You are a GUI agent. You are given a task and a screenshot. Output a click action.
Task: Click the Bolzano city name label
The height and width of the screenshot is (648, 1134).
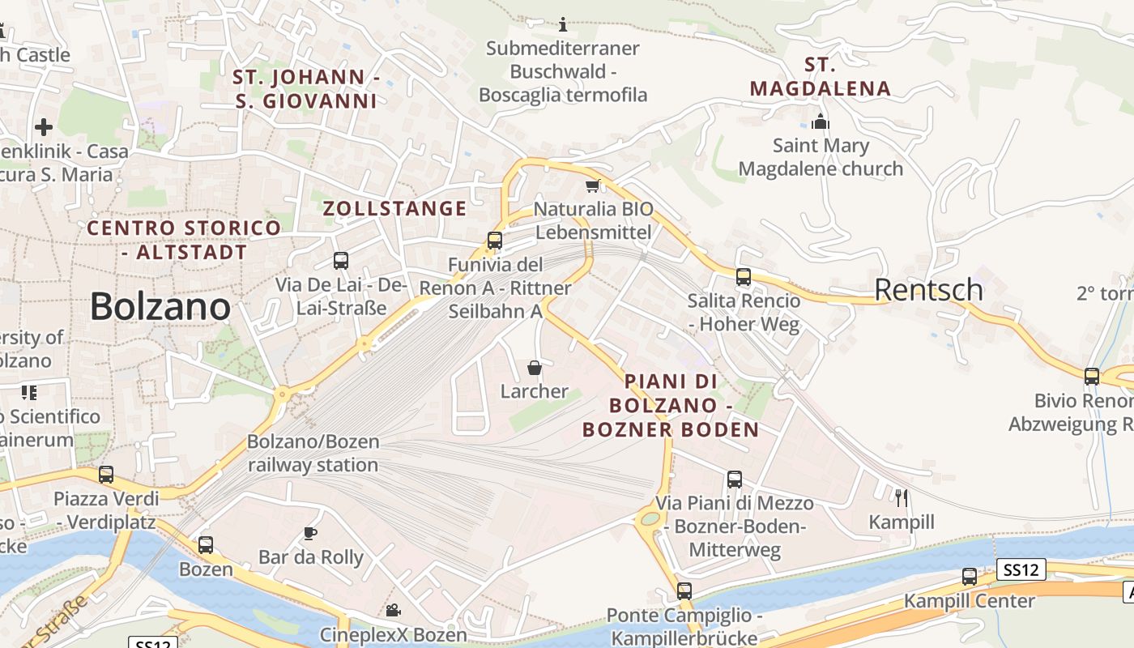click(x=160, y=306)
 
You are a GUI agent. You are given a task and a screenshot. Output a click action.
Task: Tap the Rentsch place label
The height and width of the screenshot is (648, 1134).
click(x=928, y=289)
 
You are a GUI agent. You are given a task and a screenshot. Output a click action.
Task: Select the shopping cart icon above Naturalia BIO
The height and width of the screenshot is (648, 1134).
click(x=592, y=186)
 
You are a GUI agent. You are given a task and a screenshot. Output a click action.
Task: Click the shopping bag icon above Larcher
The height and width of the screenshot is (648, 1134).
click(x=535, y=369)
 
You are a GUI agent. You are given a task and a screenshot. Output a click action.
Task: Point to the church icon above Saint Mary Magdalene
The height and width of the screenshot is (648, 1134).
click(x=821, y=122)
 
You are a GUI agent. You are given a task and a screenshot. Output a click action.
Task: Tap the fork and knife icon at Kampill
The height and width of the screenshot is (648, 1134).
click(x=901, y=497)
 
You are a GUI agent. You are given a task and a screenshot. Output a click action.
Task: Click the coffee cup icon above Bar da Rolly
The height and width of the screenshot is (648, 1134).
click(x=309, y=532)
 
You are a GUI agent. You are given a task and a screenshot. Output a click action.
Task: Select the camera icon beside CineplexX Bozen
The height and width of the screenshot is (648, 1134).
click(x=393, y=610)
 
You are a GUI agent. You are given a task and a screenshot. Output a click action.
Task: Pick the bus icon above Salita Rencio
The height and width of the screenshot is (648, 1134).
click(x=744, y=277)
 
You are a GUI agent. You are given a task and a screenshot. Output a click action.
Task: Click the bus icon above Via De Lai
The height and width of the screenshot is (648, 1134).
click(x=341, y=261)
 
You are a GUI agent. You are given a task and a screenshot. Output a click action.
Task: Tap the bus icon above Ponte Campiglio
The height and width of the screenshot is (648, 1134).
click(x=684, y=591)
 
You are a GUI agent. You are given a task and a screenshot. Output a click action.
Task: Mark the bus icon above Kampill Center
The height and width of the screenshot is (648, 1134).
click(x=969, y=577)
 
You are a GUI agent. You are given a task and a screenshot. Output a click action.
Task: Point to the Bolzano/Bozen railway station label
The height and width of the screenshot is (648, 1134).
click(x=313, y=454)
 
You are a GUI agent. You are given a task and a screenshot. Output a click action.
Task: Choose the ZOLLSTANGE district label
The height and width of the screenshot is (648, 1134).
click(x=394, y=208)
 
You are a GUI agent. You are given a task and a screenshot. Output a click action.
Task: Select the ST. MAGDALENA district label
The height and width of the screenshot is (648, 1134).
click(x=820, y=76)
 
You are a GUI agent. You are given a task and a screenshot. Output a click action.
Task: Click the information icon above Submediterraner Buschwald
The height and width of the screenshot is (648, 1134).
click(x=564, y=25)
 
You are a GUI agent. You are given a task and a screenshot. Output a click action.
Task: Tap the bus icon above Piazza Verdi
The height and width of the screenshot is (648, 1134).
click(x=106, y=475)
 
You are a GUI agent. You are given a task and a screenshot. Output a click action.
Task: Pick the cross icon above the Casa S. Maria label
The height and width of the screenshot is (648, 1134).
click(x=44, y=127)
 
